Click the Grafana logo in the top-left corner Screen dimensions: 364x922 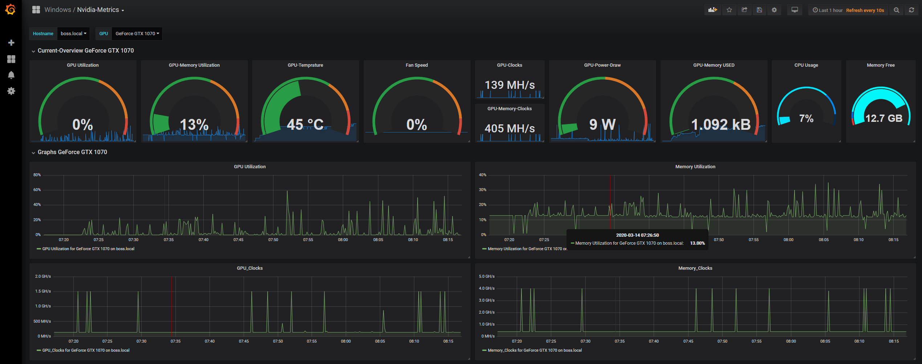11,10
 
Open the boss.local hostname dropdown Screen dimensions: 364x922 73,34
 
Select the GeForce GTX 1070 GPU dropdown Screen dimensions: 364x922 137,34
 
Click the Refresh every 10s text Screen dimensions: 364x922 865,10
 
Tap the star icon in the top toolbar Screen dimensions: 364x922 729,10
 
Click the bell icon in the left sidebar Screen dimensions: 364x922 11,75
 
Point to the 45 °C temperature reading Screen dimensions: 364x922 305,125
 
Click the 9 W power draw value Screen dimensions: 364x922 602,125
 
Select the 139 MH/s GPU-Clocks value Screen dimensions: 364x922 509,85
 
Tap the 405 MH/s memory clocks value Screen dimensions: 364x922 509,129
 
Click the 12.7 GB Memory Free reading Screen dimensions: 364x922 884,119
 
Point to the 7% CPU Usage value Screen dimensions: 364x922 806,119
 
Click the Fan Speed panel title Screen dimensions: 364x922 417,65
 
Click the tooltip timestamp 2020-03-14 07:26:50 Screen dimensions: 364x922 637,235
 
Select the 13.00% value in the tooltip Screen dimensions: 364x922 697,243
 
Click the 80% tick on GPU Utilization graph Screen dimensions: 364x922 37,175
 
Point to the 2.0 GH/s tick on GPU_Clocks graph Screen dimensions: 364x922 43,277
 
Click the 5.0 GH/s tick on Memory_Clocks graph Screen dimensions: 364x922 487,277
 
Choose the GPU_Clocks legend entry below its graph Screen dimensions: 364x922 86,351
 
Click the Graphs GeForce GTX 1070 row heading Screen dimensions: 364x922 72,152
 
